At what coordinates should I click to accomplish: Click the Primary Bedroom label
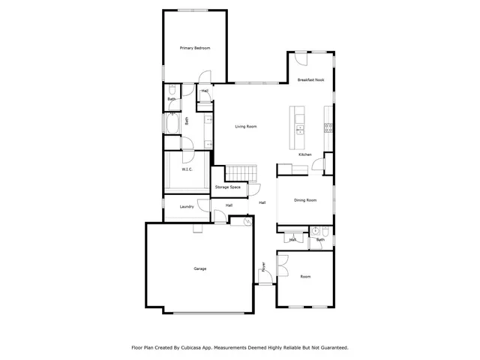click(195, 48)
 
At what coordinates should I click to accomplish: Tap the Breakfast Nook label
click(310, 79)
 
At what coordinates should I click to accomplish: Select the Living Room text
click(246, 127)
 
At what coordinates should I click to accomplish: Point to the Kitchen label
click(304, 154)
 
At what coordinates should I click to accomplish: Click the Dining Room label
click(305, 200)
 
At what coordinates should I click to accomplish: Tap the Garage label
click(200, 268)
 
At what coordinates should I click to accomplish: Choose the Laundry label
click(187, 206)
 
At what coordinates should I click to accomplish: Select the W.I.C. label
click(187, 169)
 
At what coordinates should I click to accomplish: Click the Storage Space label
click(227, 187)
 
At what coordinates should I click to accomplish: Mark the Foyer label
click(263, 266)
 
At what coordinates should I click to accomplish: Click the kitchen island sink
click(299, 128)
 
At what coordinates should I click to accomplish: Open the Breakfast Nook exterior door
click(300, 60)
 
